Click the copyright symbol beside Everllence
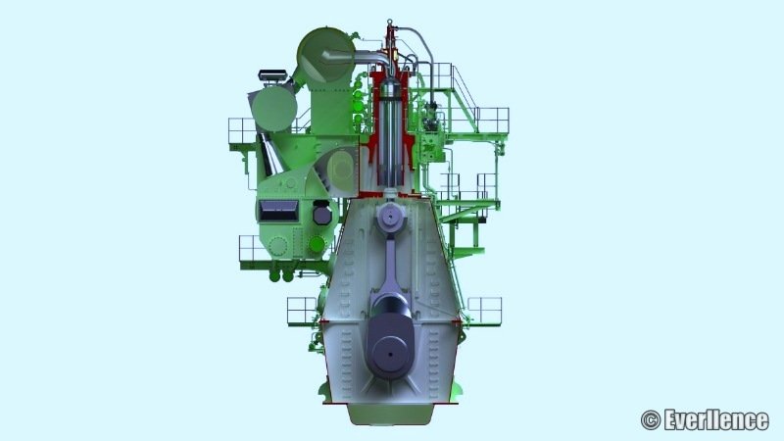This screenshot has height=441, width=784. (x=651, y=420)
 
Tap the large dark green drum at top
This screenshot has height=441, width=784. (x=325, y=55)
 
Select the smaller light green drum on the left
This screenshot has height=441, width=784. (x=274, y=109)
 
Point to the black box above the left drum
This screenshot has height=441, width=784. (x=272, y=75)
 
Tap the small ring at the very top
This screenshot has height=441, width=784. (x=389, y=22)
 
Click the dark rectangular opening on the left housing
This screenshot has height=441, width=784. (x=278, y=211)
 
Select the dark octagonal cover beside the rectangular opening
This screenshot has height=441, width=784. (x=322, y=215)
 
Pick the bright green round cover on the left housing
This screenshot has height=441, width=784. (x=317, y=244)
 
